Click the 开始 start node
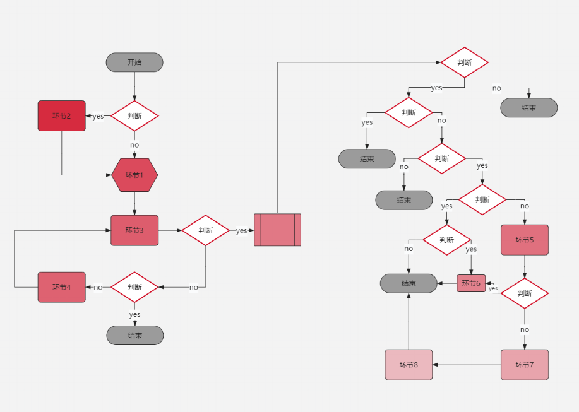[x=134, y=62]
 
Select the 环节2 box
[x=61, y=115]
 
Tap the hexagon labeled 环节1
[x=134, y=175]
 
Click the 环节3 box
[x=134, y=230]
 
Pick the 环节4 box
[x=61, y=287]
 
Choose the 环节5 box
[x=525, y=240]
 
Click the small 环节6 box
[x=471, y=283]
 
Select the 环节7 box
[x=525, y=365]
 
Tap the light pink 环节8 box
[x=409, y=365]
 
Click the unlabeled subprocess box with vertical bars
[x=277, y=230]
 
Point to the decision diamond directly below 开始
[x=134, y=116]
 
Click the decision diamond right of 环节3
[x=206, y=230]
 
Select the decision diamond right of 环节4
[x=134, y=287]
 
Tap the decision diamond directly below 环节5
[x=525, y=293]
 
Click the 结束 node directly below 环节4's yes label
[x=134, y=335]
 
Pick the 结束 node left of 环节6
[x=409, y=283]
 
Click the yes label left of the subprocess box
[x=242, y=231]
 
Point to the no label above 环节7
[x=525, y=329]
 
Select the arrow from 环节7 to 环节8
[x=467, y=365]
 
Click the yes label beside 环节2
[x=98, y=116]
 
